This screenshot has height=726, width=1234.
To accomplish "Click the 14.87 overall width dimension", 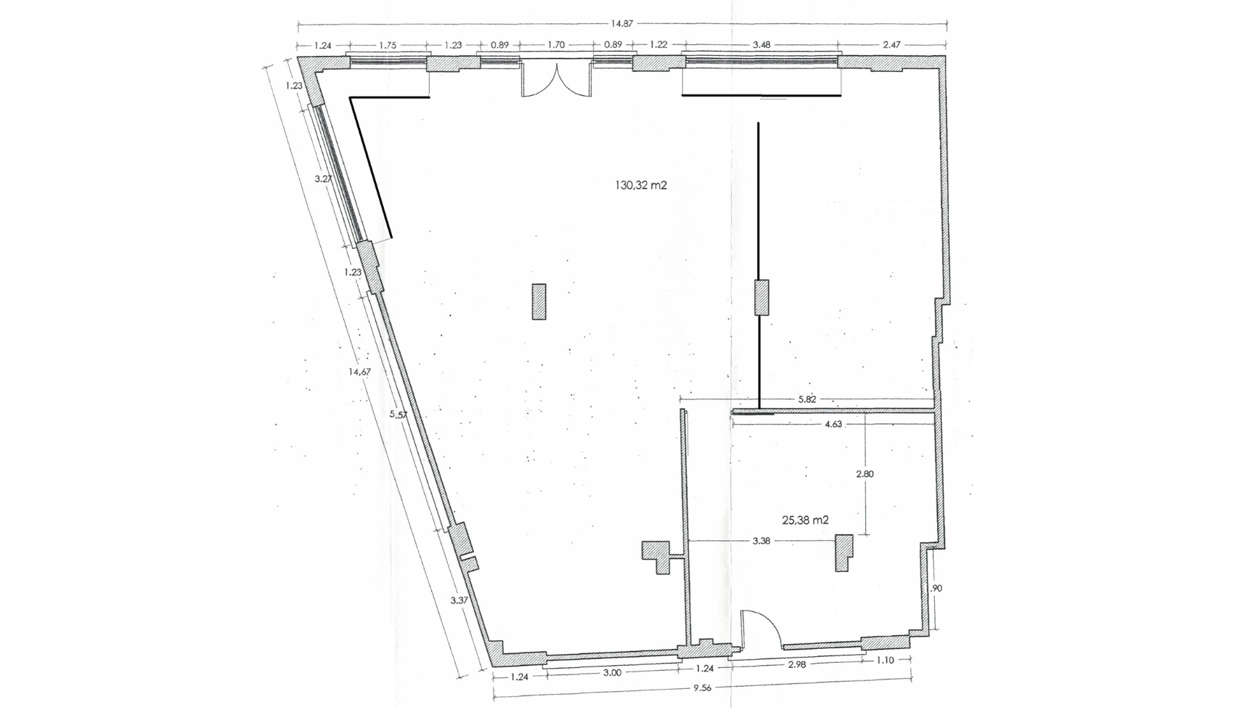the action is pos(621,24).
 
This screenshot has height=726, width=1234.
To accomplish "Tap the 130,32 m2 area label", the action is pos(641,185).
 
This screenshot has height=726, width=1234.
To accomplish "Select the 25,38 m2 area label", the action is pos(805,519).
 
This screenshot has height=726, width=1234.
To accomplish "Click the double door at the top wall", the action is pos(557,80).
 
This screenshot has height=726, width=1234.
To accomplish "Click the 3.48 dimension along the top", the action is pos(761,44).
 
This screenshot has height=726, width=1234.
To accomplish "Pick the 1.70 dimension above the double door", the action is pos(557,44).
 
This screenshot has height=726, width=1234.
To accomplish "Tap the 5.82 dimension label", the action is pos(807,399).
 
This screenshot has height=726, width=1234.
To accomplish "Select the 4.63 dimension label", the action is pos(833,424).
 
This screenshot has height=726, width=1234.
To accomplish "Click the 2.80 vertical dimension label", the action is pos(865,474).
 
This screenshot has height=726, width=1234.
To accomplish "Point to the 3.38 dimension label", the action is pos(761,541).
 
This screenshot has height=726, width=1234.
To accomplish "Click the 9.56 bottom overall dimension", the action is pos(703,688).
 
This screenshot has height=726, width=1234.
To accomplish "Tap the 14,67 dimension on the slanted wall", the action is pos(360,372).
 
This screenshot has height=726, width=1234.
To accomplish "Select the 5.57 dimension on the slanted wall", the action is pos(399,415).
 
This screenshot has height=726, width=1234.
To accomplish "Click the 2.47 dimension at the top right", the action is pos(891,44).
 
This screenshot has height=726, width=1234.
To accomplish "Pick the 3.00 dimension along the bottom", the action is pos(612,672).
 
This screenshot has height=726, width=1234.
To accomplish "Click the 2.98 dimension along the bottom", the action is pos(796,664).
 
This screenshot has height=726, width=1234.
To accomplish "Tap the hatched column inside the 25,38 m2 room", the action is pos(843,552).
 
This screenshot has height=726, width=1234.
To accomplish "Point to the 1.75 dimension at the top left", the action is pos(388,45).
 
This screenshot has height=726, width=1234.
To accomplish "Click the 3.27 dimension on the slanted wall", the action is pos(323,179).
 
